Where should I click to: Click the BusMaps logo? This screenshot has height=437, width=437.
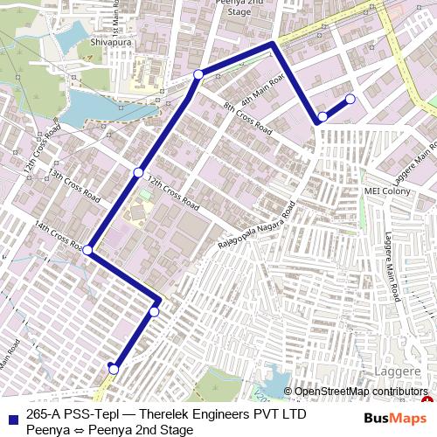click(389, 419)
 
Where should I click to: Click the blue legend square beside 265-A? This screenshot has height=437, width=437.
click(11, 418)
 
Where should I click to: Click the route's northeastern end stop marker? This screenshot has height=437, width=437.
click(350, 99)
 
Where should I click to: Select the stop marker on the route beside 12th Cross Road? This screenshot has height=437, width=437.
click(138, 172)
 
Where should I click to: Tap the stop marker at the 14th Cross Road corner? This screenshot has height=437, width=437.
click(88, 251)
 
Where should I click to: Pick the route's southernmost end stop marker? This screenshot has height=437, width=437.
click(113, 369)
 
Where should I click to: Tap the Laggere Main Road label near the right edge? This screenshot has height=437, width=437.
click(392, 263)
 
